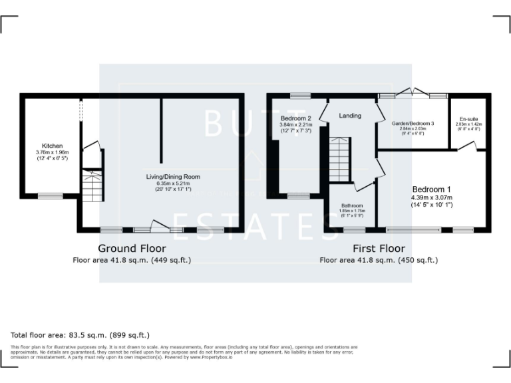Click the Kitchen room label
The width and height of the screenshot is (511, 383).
53,146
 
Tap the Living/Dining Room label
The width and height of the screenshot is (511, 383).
173,177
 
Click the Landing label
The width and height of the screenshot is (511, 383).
350,116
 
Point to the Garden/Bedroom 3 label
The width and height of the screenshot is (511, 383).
413,124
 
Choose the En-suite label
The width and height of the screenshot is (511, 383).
468,118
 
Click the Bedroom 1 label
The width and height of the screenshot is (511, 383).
432,188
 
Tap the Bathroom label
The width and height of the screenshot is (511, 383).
351,206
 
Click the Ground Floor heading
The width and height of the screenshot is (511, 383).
132,249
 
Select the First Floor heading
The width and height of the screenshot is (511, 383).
379,249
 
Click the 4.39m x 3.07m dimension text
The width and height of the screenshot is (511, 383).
432,197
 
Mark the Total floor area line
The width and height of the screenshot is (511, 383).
81,335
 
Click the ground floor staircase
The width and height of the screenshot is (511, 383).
92,186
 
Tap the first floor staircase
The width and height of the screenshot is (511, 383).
339,158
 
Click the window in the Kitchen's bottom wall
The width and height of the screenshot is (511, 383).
50,195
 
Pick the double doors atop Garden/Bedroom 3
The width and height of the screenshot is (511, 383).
413,93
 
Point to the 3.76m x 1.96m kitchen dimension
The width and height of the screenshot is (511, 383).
53,152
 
